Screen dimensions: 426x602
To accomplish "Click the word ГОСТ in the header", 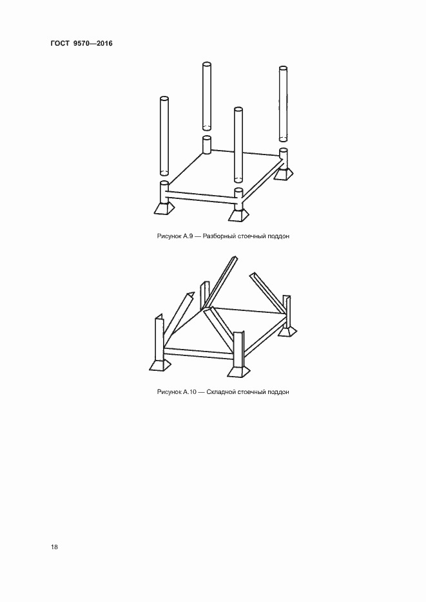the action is coord(59,43).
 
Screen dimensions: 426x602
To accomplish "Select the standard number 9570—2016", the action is coord(93,43).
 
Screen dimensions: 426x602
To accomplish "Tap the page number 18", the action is coord(54,547).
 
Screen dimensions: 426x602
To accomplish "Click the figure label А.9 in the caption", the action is coord(188,236).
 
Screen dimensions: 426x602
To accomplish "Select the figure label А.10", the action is coord(189,392).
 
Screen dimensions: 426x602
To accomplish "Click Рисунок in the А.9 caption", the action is coord(169,236).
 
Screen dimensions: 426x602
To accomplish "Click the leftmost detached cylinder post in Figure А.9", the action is coord(164,136).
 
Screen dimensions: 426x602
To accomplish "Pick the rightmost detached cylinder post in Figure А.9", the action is coord(283,104).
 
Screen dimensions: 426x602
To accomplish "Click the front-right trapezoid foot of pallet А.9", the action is coord(238,214).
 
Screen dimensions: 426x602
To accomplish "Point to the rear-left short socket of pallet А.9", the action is coord(207,145).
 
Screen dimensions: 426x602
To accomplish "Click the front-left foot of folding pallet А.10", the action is coord(159,365).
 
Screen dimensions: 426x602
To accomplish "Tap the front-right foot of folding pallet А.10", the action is coord(238,372).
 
